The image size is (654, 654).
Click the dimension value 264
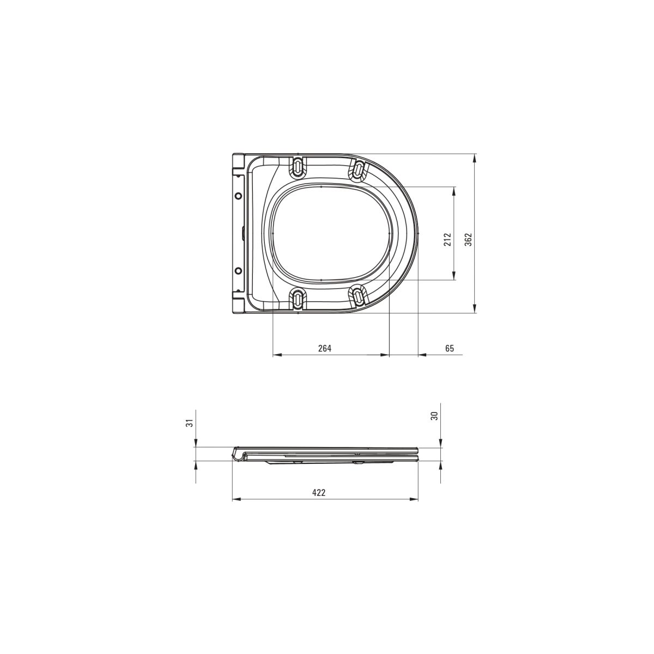324,348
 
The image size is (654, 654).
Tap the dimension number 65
449,348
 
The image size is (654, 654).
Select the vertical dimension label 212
448,240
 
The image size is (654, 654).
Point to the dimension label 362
468,240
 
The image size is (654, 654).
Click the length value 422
318,493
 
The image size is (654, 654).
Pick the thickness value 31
190,423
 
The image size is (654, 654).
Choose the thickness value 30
434,416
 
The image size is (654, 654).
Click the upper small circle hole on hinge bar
239,196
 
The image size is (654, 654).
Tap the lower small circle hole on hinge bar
239,270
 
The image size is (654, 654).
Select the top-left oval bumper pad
298,167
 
